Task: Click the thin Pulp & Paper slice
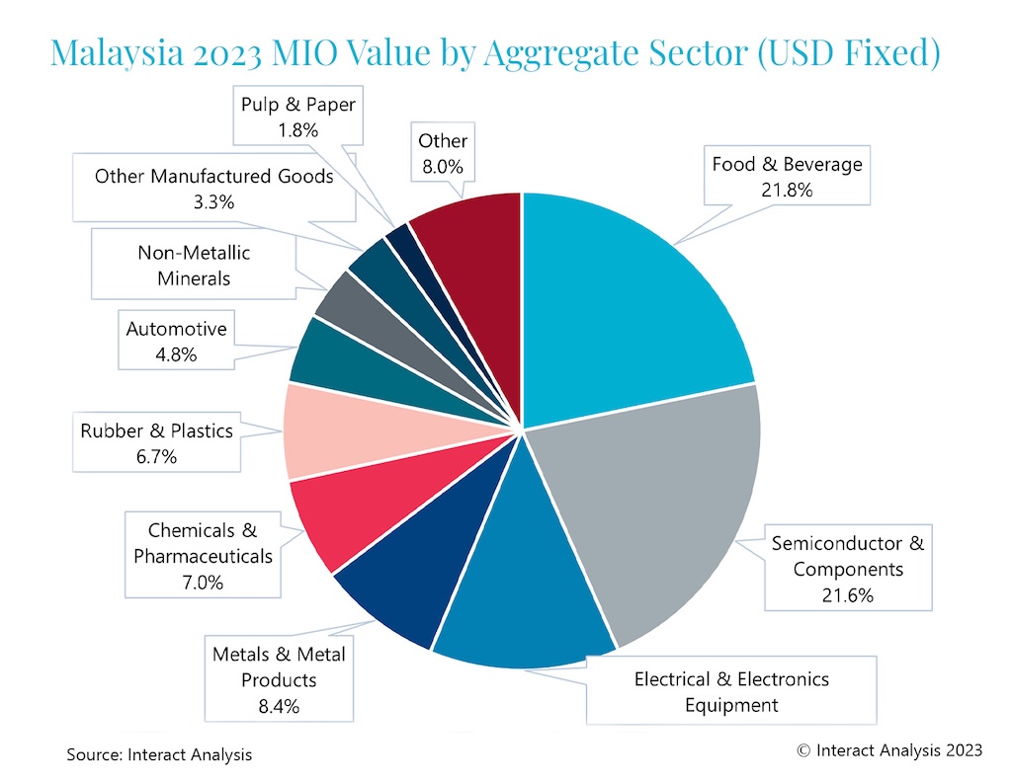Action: point(397,236)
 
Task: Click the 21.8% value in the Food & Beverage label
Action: point(787,190)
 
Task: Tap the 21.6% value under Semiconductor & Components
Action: point(847,595)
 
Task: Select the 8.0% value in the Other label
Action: point(443,167)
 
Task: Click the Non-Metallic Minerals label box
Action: point(194,265)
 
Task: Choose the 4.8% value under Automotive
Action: point(176,354)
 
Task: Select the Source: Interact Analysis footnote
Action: point(159,754)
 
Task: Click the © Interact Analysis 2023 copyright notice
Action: point(889,750)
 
